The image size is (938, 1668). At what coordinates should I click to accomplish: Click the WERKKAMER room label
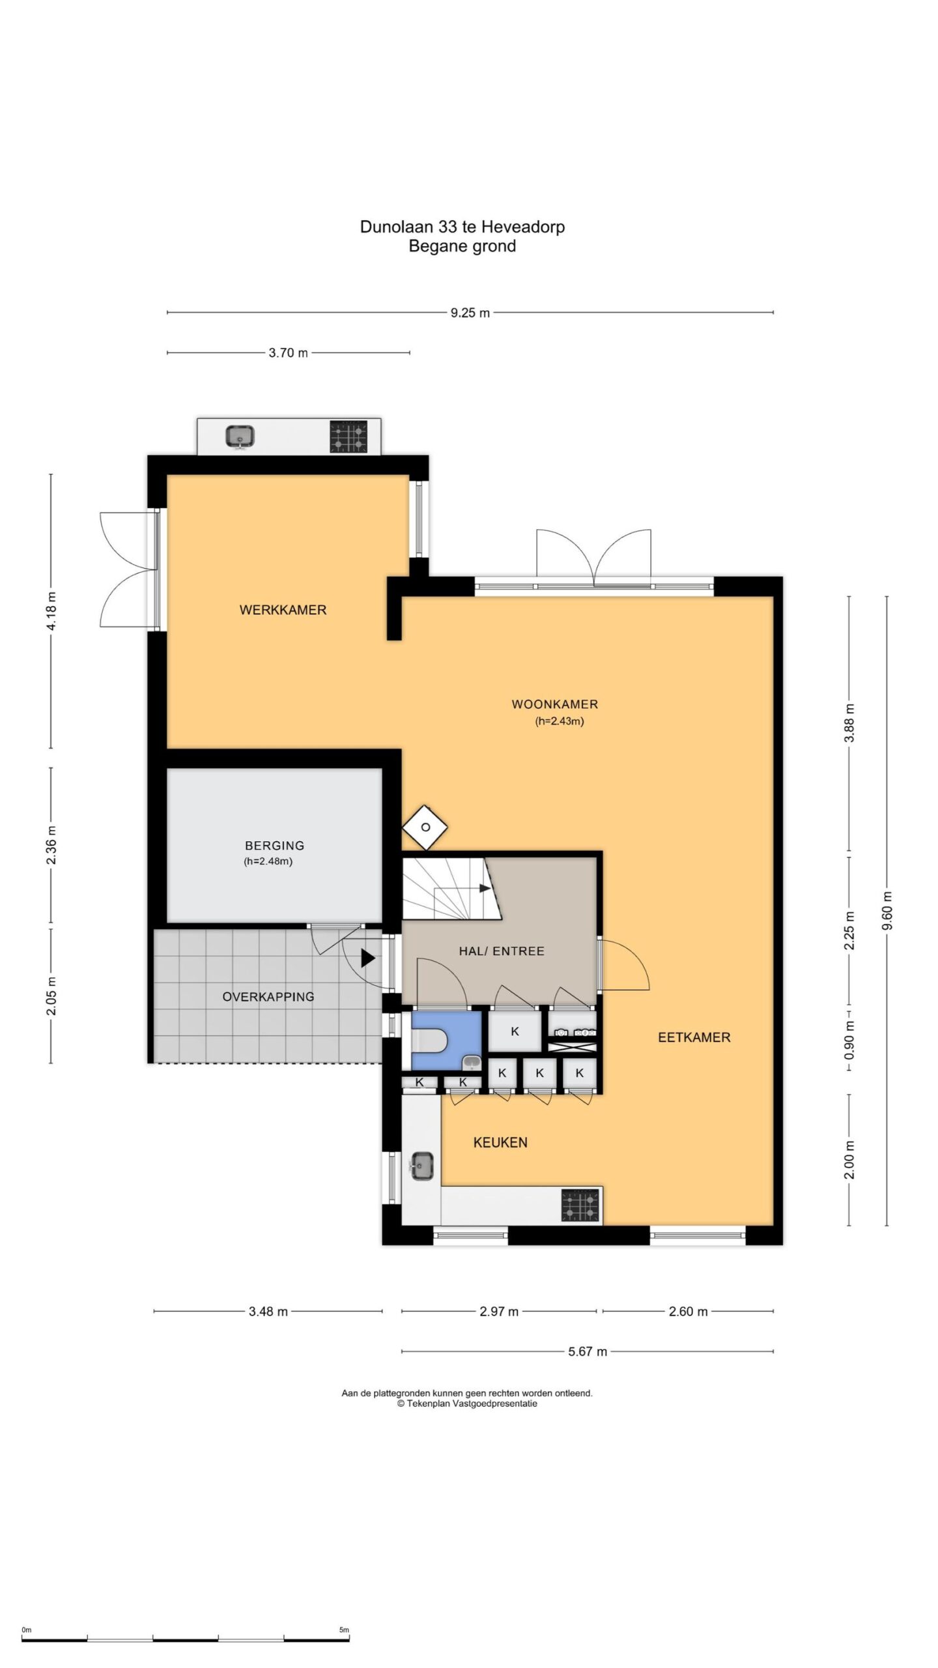click(x=283, y=610)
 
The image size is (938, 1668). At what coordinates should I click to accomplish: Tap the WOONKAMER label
click(x=554, y=704)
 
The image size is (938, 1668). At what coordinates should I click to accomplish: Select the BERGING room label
click(x=274, y=846)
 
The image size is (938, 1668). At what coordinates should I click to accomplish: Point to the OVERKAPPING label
click(x=268, y=997)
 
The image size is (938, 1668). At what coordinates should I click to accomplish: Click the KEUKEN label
click(x=500, y=1142)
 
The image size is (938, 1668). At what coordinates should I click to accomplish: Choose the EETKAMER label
click(x=694, y=1037)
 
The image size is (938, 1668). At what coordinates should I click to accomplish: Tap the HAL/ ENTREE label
click(x=502, y=951)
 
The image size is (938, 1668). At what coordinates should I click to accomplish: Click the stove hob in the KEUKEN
click(x=580, y=1205)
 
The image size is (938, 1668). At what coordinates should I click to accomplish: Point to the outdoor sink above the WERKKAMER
click(x=240, y=436)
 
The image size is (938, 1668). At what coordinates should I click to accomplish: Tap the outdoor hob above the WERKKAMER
click(x=348, y=436)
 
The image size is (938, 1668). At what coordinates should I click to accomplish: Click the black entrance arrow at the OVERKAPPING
click(x=368, y=958)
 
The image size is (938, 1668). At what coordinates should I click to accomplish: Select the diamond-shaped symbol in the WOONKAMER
click(x=425, y=827)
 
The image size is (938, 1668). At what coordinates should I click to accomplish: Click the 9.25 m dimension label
click(x=470, y=313)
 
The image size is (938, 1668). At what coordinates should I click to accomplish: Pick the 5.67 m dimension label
click(x=588, y=1351)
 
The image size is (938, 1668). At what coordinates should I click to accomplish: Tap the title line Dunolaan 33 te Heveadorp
click(x=462, y=227)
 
